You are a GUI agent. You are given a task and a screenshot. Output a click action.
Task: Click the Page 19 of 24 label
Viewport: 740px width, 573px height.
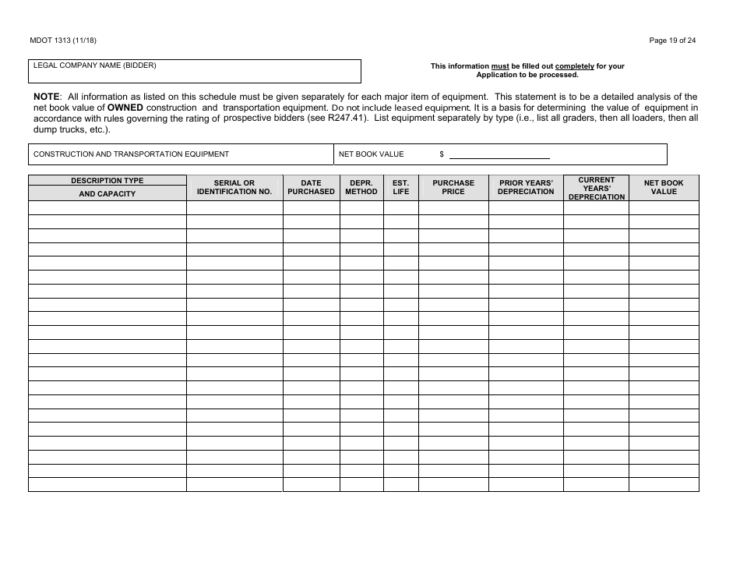[x=672, y=41]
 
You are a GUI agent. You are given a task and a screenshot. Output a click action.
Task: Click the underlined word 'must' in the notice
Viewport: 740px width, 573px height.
[x=499, y=66]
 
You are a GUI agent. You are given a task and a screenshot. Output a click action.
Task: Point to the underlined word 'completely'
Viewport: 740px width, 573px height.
[x=574, y=66]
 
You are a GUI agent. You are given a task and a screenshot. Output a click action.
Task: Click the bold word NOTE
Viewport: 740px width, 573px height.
[x=46, y=96]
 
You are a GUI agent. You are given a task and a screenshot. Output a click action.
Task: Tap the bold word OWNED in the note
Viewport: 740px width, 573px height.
[x=125, y=108]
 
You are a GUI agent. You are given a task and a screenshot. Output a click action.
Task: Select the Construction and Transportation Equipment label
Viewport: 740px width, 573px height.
[x=131, y=154]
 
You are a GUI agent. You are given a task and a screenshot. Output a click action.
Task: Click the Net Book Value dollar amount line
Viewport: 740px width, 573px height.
[x=499, y=155]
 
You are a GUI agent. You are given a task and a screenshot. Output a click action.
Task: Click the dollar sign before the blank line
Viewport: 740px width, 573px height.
[x=442, y=154]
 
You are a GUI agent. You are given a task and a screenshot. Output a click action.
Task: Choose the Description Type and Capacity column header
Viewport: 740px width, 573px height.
[x=107, y=187]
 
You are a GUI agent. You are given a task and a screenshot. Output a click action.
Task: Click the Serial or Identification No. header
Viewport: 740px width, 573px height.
[x=234, y=187]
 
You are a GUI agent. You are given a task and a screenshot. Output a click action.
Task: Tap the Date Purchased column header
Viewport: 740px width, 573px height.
[x=311, y=187]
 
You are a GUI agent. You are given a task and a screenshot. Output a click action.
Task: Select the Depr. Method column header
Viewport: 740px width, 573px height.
[x=361, y=187]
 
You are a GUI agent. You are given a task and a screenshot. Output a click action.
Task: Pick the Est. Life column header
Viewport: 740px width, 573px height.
[x=400, y=187]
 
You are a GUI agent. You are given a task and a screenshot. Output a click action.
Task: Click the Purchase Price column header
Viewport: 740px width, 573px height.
[x=453, y=187]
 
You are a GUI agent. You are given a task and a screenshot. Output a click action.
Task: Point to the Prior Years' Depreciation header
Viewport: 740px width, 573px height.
[x=526, y=187]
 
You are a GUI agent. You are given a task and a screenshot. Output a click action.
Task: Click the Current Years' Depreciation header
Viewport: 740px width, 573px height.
[x=596, y=188]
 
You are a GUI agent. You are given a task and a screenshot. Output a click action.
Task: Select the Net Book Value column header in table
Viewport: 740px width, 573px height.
[x=664, y=187]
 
